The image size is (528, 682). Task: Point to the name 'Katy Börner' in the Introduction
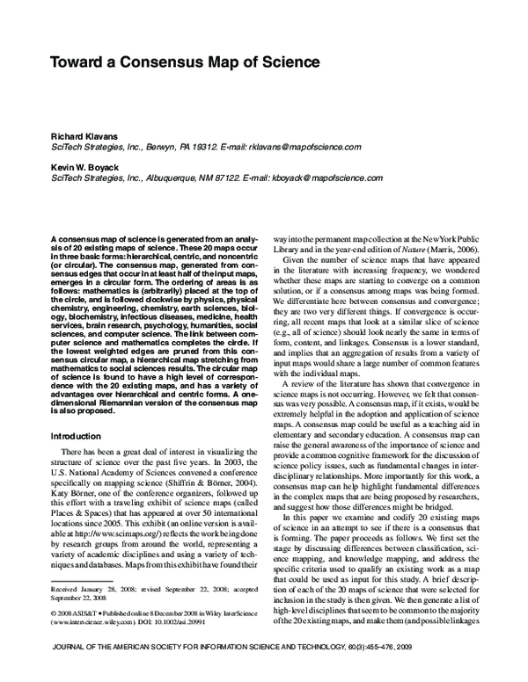pyautogui.click(x=73, y=495)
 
